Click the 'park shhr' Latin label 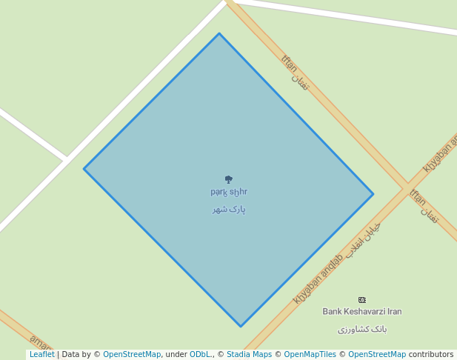pos(229,192)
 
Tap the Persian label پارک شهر pos(229,210)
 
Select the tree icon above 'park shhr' pos(228,179)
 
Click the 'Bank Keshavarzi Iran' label pos(362,312)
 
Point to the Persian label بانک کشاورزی pos(362,329)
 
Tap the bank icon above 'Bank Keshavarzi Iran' pos(362,300)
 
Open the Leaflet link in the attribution pos(41,355)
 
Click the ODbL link pos(200,355)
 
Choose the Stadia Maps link pos(249,355)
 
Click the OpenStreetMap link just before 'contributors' pos(376,355)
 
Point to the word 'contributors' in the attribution pos(431,355)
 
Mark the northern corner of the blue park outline pos(219,33)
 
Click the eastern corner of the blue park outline pos(373,194)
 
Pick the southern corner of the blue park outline pos(241,326)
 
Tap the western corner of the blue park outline pos(84,169)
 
